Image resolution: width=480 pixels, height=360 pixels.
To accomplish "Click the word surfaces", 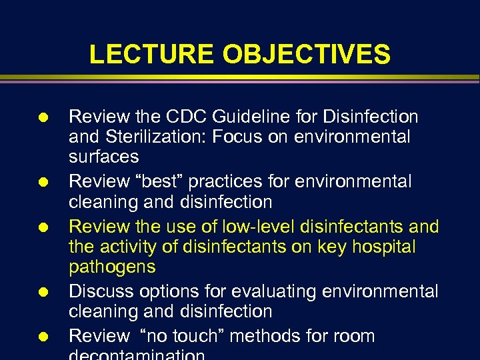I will [104, 157].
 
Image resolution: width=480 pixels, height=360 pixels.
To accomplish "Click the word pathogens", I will [112, 267].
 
